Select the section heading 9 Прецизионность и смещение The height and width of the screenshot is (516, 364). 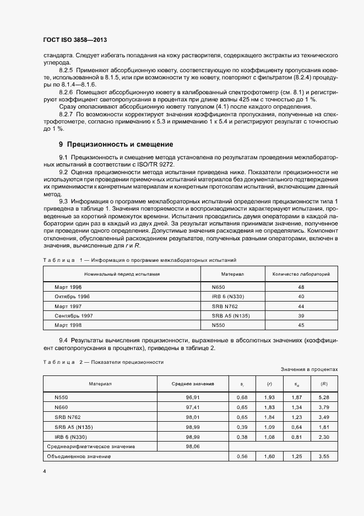point(116,144)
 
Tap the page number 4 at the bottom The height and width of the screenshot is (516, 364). point(44,471)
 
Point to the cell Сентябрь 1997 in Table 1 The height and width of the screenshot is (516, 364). point(73,315)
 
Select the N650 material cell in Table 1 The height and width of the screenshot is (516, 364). point(219,287)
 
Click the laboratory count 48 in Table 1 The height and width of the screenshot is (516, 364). point(301,287)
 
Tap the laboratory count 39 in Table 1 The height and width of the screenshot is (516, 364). point(301,315)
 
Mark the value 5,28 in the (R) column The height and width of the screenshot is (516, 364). point(324,397)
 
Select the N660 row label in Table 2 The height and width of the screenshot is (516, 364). point(61,407)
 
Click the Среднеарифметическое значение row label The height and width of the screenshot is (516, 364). point(91,446)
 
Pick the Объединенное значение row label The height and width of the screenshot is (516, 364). point(80,456)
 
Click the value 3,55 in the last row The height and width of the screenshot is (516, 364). point(324,456)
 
